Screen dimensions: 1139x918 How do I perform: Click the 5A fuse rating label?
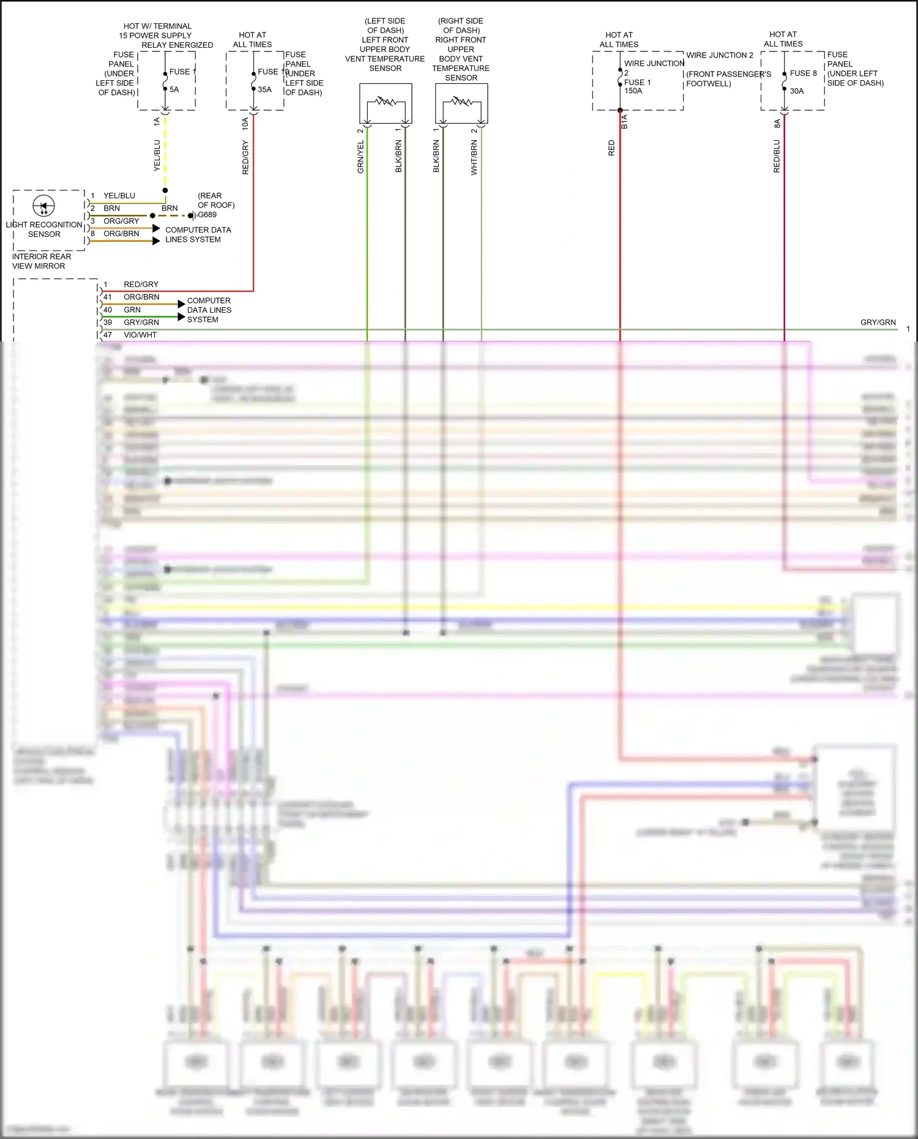coord(174,89)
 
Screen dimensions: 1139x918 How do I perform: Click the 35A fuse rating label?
coord(264,89)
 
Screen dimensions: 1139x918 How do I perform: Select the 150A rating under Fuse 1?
coord(633,91)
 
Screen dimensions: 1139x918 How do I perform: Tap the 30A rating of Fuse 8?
coord(797,91)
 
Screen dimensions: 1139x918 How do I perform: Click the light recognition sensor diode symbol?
coord(43,206)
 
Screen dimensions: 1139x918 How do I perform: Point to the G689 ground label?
coord(207,215)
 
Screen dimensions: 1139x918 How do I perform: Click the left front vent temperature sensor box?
coord(386,103)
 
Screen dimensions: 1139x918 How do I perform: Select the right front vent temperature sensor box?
coord(461,103)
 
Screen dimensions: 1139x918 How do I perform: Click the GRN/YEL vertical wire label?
coord(360,157)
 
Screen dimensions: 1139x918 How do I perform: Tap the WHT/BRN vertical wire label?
coord(474,158)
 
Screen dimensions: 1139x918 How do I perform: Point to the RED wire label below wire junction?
coord(611,148)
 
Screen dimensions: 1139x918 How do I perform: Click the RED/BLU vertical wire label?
coord(777,156)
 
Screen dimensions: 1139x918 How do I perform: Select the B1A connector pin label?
coord(625,122)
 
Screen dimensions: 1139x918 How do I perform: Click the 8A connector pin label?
coord(777,124)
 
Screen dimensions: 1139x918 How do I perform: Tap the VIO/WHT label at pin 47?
coord(140,335)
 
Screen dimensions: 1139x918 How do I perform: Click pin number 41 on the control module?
coord(108,297)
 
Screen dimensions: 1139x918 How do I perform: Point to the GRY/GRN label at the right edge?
coord(878,323)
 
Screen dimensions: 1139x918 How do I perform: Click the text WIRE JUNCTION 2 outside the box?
coord(720,55)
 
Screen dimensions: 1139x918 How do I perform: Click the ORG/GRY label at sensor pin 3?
coord(121,221)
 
